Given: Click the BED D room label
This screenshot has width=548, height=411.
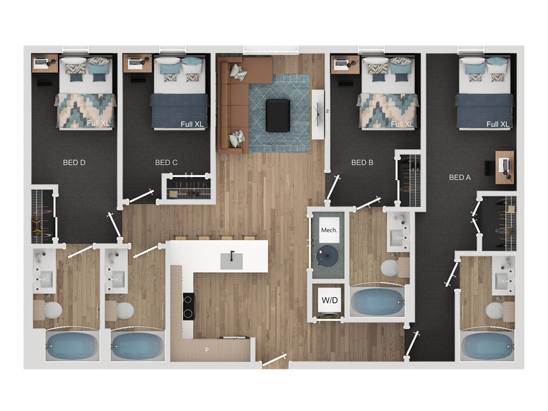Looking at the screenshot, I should [x=74, y=163].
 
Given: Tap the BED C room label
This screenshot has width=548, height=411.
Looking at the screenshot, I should [x=166, y=163].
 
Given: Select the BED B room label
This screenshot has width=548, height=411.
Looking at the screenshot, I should [x=362, y=163].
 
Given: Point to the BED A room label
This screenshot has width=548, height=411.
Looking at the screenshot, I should [x=460, y=177].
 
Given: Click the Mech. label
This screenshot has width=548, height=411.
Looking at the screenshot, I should [x=329, y=230].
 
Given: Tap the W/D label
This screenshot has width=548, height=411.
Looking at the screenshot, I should [x=329, y=300].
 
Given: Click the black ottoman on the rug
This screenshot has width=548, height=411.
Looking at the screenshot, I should [x=277, y=116].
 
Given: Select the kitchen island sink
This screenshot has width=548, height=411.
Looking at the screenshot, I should [x=231, y=260].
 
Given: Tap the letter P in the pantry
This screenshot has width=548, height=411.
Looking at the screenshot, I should [x=207, y=350].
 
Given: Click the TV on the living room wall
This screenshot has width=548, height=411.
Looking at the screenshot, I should [x=318, y=114].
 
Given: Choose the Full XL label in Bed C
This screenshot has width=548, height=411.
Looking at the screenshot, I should [x=192, y=124].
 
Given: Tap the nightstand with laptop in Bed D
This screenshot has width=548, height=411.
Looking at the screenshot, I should [x=44, y=63].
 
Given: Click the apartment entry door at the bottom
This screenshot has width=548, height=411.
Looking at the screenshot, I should [x=274, y=360].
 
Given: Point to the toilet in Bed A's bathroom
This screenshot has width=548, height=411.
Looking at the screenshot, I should [x=494, y=310].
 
